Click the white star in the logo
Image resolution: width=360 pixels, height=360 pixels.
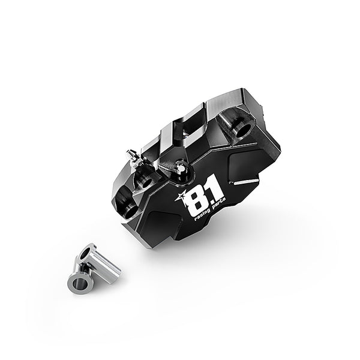pyautogui.click(x=179, y=196)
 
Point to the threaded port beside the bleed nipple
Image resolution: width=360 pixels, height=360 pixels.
pyautogui.click(x=145, y=180)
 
